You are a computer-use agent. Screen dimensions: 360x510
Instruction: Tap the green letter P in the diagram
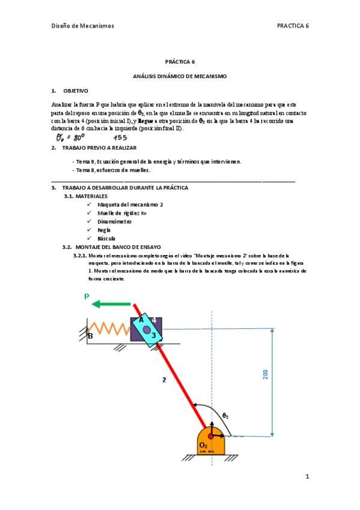(x=87, y=296)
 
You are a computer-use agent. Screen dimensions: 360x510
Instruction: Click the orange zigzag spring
(x=109, y=329)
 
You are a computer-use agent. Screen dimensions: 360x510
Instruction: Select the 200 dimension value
(x=265, y=374)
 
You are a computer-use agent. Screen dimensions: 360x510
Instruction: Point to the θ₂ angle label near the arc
(x=225, y=415)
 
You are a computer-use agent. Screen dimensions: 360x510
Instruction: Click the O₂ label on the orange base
(x=204, y=444)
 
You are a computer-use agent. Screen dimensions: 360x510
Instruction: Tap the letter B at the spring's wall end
(x=90, y=336)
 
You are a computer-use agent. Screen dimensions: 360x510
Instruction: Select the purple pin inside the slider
(x=146, y=329)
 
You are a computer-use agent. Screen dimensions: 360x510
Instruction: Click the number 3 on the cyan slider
(x=153, y=335)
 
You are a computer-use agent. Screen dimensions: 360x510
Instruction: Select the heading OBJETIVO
(x=76, y=91)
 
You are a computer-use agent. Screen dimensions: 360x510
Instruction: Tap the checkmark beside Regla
(x=89, y=230)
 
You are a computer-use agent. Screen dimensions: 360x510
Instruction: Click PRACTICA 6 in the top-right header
(x=293, y=26)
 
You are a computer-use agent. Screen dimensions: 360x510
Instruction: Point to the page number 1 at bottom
(x=307, y=477)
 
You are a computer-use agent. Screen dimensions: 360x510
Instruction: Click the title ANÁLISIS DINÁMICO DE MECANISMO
(x=180, y=76)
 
